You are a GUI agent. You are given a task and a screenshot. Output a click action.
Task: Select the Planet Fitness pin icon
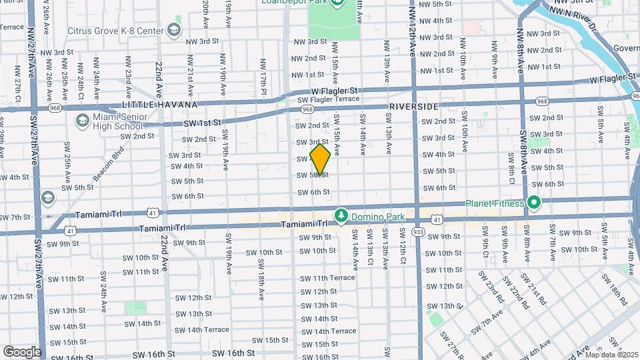533,203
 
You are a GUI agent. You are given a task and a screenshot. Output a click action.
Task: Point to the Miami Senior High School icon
82,121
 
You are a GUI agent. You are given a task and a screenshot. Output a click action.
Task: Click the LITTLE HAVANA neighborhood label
159,105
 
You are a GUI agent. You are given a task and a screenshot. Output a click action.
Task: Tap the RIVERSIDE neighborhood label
413,107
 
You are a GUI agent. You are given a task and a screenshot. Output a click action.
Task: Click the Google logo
22,351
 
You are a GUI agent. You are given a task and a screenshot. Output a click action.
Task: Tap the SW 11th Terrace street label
327,277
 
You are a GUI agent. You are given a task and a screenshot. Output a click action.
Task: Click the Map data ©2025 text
611,354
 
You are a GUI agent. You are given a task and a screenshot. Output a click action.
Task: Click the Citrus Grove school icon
174,30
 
